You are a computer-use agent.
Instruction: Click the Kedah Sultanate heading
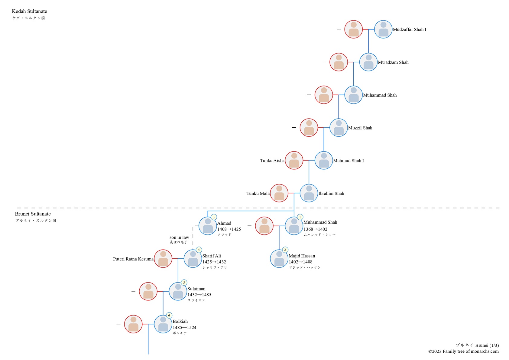29,11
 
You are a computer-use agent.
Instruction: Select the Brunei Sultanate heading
33,214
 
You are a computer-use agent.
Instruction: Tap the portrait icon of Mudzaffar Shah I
383,29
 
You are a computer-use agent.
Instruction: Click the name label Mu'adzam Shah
393,62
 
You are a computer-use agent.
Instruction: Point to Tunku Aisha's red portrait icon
294,160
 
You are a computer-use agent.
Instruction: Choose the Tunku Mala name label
258,194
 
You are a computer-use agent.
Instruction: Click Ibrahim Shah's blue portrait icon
309,193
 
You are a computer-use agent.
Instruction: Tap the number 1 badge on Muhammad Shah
300,217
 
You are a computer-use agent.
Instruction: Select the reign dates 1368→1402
315,229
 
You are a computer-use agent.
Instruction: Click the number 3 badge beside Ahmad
214,217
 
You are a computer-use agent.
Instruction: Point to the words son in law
179,237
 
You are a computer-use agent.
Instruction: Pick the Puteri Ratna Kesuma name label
133,259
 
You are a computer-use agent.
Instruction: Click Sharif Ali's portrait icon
193,259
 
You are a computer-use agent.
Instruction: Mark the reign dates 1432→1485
199,295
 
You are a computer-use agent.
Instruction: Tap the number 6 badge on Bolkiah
169,315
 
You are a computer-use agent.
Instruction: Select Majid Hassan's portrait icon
279,259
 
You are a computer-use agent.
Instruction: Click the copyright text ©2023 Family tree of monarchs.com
463,351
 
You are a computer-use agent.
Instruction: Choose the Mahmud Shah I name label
348,161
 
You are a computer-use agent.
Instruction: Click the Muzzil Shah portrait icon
339,128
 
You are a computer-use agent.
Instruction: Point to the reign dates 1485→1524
184,327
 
